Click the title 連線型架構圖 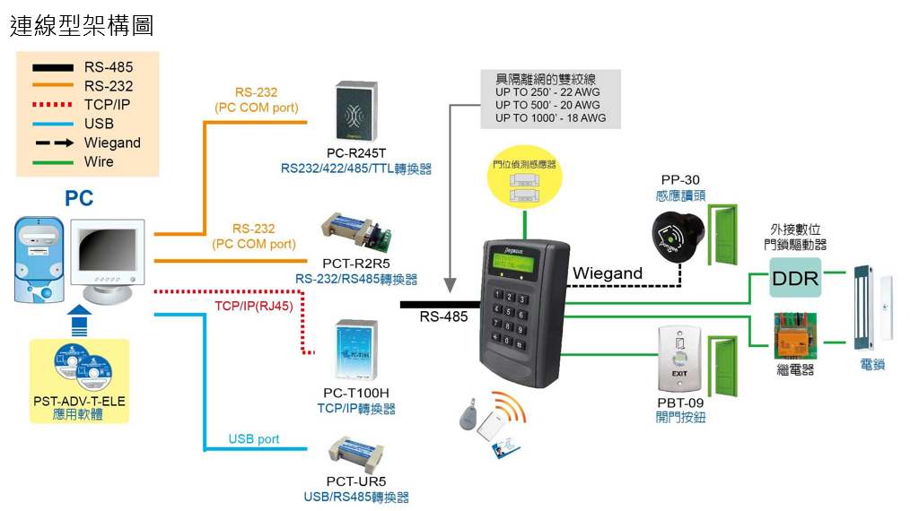pyautogui.click(x=82, y=25)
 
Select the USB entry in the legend pyautogui.click(x=99, y=124)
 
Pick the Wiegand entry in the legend pyautogui.click(x=112, y=143)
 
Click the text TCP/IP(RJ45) pyautogui.click(x=254, y=306)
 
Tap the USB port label pyautogui.click(x=254, y=439)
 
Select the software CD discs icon pyautogui.click(x=81, y=368)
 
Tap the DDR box pyautogui.click(x=796, y=278)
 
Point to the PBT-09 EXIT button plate pyautogui.click(x=678, y=358)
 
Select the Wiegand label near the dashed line pyautogui.click(x=608, y=273)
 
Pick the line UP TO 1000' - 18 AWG pyautogui.click(x=550, y=117)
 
